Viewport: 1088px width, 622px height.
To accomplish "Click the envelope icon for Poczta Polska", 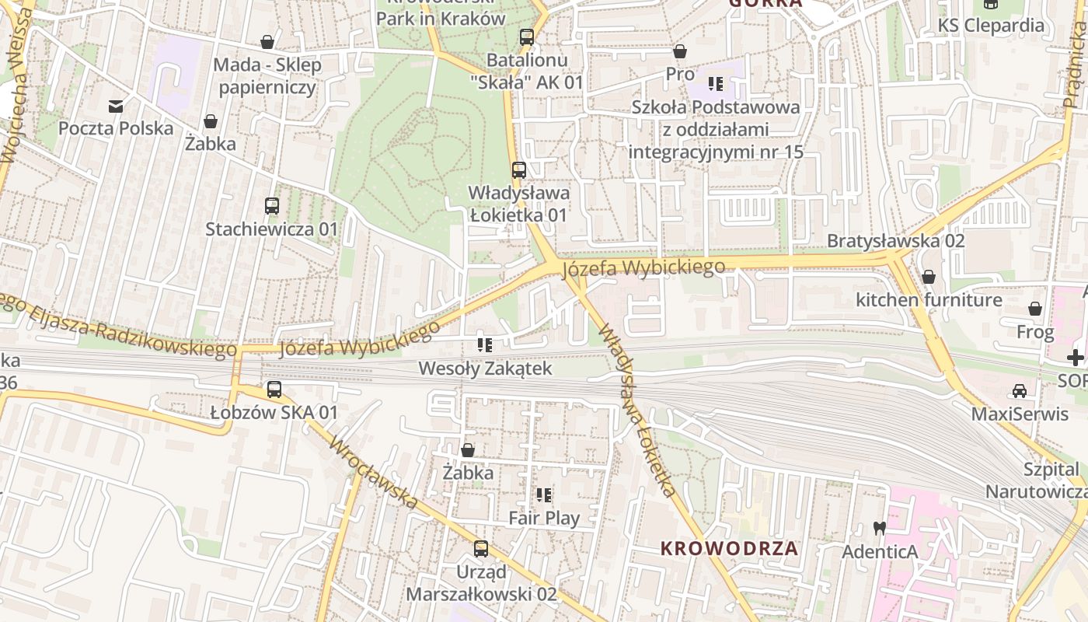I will pos(116,107).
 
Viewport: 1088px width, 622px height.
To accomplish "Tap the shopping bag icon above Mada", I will pos(267,42).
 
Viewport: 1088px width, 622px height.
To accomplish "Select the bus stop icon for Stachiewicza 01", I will pos(271,206).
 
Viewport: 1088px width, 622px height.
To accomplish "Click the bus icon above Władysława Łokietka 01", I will pos(518,169).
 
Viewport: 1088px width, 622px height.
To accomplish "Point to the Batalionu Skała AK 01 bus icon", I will pos(526,37).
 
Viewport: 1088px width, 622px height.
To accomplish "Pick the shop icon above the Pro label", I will pos(680,51).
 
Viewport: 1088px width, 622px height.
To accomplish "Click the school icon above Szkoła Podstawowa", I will pos(716,84).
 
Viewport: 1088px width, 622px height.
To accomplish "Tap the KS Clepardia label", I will pos(991,25).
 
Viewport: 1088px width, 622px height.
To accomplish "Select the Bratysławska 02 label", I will pos(895,240).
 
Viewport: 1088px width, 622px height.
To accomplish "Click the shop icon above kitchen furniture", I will pos(928,277).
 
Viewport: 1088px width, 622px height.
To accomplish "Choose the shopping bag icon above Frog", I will pos(1035,309).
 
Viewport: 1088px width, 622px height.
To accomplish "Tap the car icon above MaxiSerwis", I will pos(1020,390).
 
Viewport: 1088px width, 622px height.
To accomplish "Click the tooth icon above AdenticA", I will pos(880,528).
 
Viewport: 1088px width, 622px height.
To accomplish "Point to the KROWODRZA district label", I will pos(729,547).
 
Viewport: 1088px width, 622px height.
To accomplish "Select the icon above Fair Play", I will pos(544,494).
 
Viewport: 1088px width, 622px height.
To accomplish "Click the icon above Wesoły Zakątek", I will pos(485,345).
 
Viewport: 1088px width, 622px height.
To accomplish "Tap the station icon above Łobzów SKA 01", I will pos(274,390).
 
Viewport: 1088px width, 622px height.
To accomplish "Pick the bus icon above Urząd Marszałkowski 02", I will pos(481,549).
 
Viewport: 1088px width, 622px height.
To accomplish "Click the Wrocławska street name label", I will pos(374,473).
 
